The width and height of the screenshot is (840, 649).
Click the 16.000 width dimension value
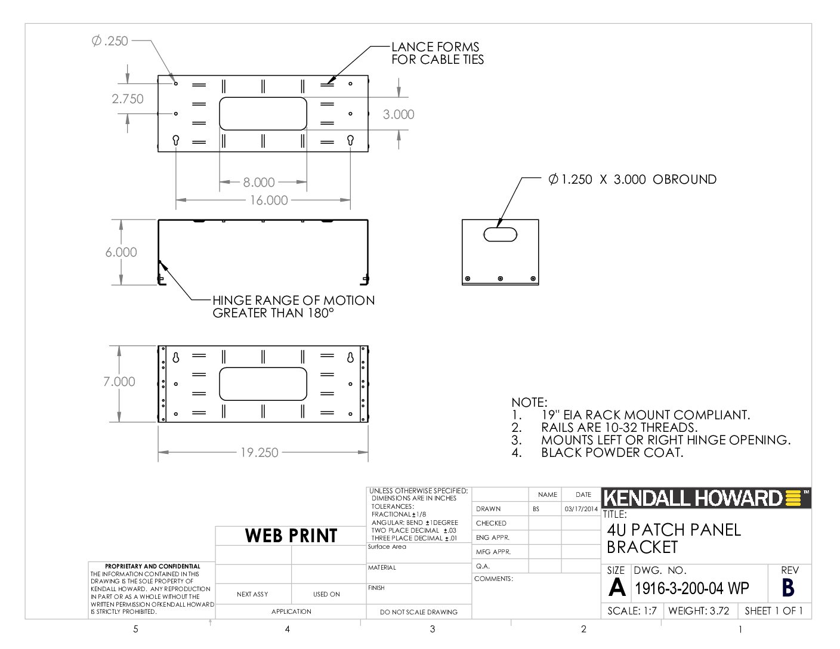(268, 200)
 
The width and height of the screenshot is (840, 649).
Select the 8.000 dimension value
(258, 182)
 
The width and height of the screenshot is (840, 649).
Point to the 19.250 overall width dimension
(259, 452)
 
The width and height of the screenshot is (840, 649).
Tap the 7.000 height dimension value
(119, 382)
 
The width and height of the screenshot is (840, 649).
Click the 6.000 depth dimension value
(121, 252)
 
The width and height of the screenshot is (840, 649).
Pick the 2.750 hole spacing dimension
(128, 99)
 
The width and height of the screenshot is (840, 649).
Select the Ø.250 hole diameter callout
(110, 41)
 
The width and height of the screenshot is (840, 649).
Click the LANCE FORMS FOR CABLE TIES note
(437, 53)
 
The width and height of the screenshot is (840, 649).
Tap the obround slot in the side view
(500, 234)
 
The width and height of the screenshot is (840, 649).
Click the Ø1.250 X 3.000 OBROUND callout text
(632, 180)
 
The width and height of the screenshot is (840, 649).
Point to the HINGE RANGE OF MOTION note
(294, 307)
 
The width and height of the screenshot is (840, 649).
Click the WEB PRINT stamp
(291, 536)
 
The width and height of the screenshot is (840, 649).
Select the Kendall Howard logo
(706, 498)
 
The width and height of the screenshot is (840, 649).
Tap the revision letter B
(788, 588)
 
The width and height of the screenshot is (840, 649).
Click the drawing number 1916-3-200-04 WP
(692, 588)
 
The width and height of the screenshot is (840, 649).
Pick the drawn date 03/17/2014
(581, 509)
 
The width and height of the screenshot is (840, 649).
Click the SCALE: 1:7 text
(632, 611)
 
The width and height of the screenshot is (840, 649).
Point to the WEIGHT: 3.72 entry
(699, 611)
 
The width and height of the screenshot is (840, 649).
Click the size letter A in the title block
(617, 588)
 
